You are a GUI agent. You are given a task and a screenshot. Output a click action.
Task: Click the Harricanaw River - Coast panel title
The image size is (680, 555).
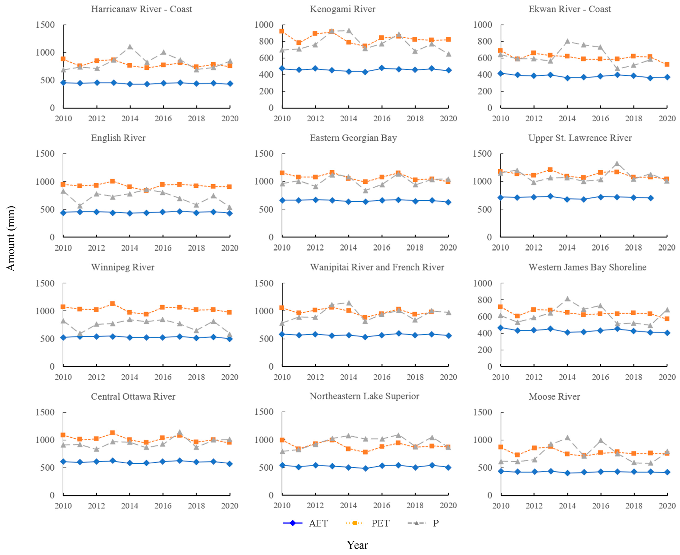pyautogui.click(x=141, y=9)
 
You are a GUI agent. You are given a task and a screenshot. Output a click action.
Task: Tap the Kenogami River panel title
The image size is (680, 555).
pyautogui.click(x=342, y=9)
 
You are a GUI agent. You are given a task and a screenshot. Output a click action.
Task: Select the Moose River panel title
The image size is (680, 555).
pyautogui.click(x=554, y=397)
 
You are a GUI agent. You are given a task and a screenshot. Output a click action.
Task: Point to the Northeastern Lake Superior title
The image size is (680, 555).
pyautogui.click(x=364, y=396)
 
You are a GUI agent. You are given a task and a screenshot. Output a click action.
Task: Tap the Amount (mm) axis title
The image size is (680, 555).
pyautogui.click(x=11, y=238)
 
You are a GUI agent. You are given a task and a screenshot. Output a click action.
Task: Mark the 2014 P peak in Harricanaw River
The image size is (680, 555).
pyautogui.click(x=130, y=47)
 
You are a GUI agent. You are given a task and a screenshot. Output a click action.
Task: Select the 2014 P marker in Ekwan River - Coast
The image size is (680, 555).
pyautogui.click(x=567, y=41)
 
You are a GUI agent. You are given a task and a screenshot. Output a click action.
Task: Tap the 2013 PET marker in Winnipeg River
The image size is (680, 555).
pyautogui.click(x=113, y=304)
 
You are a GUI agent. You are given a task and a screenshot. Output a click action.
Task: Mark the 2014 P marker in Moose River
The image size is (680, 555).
pyautogui.click(x=567, y=438)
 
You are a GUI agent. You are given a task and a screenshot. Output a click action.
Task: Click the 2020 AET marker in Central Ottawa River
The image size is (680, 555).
pyautogui.click(x=230, y=464)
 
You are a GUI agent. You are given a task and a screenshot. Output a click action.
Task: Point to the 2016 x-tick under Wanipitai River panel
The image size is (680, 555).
pyautogui.click(x=382, y=377)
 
